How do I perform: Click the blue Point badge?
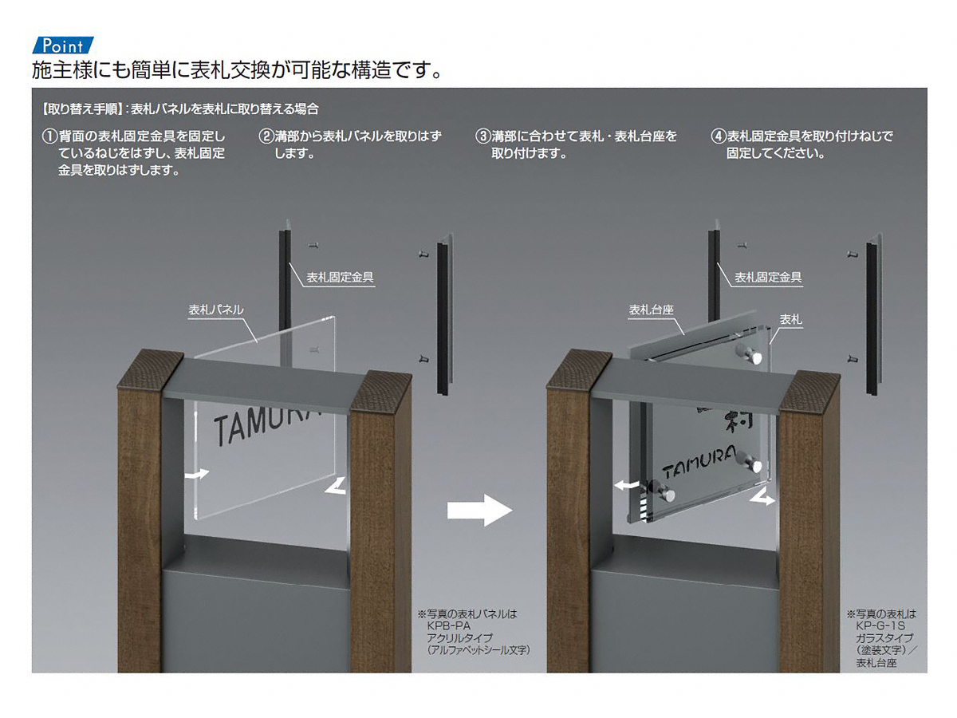pyautogui.click(x=63, y=45)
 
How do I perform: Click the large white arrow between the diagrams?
pyautogui.click(x=479, y=510)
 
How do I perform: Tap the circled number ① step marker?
pyautogui.click(x=49, y=136)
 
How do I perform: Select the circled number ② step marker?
pyautogui.click(x=266, y=136)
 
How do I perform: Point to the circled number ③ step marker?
pyautogui.click(x=483, y=136)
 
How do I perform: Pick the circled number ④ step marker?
pyautogui.click(x=718, y=136)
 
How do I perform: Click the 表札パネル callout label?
pyautogui.click(x=216, y=310)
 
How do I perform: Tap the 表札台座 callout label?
pyautogui.click(x=651, y=310)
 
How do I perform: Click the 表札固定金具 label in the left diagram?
pyautogui.click(x=340, y=278)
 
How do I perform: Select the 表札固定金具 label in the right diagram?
pyautogui.click(x=768, y=278)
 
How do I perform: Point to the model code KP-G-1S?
pyautogui.click(x=880, y=626)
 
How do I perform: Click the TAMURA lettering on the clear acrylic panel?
pyautogui.click(x=266, y=423)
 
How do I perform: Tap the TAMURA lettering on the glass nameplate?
pyautogui.click(x=699, y=463)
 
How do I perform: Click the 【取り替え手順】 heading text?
pyautogui.click(x=81, y=109)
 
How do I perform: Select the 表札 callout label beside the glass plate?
pyautogui.click(x=790, y=320)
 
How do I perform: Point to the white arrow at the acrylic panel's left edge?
pyautogui.click(x=197, y=474)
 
